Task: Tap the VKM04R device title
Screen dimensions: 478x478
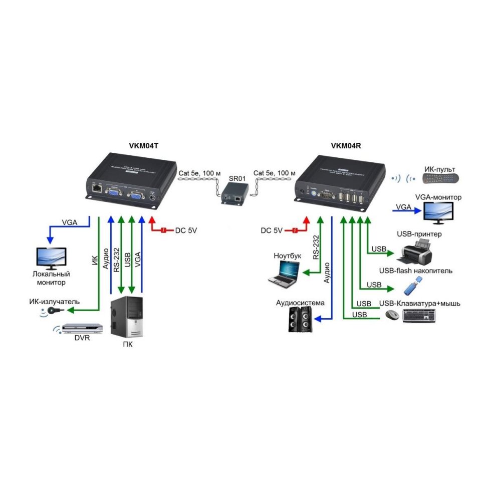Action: point(346,146)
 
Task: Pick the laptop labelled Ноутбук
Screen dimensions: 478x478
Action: point(284,273)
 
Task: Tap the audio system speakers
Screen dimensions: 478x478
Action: point(301,320)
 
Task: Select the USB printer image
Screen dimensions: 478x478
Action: point(415,252)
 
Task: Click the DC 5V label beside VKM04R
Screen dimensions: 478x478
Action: point(272,230)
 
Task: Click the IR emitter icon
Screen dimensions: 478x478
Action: point(50,311)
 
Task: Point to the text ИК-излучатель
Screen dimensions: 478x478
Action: point(54,302)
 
